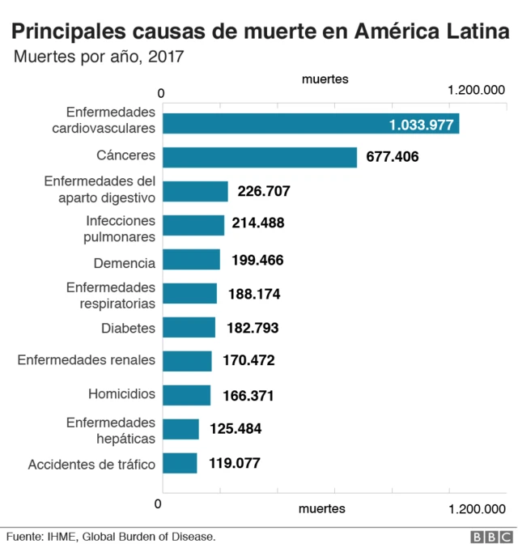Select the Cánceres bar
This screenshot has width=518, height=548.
pyautogui.click(x=260, y=157)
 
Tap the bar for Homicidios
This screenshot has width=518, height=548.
pyautogui.click(x=186, y=395)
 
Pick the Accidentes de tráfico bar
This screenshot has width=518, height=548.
pyautogui.click(x=180, y=463)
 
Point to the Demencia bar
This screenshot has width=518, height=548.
pyautogui.click(x=191, y=260)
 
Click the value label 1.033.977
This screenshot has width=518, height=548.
pyautogui.click(x=421, y=125)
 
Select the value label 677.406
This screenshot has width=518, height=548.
pyautogui.click(x=393, y=157)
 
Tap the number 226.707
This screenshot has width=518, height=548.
pyautogui.click(x=264, y=191)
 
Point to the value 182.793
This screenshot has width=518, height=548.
pyautogui.click(x=252, y=328)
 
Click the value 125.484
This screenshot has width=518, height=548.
pyautogui.click(x=236, y=429)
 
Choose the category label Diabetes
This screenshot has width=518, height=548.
pyautogui.click(x=128, y=328)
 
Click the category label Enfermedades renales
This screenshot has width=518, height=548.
pyautogui.click(x=87, y=360)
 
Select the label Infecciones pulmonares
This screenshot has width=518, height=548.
pyautogui.click(x=119, y=229)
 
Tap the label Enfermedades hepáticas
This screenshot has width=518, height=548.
pyautogui.click(x=110, y=430)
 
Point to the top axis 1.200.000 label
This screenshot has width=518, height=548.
pyautogui.click(x=476, y=91)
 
